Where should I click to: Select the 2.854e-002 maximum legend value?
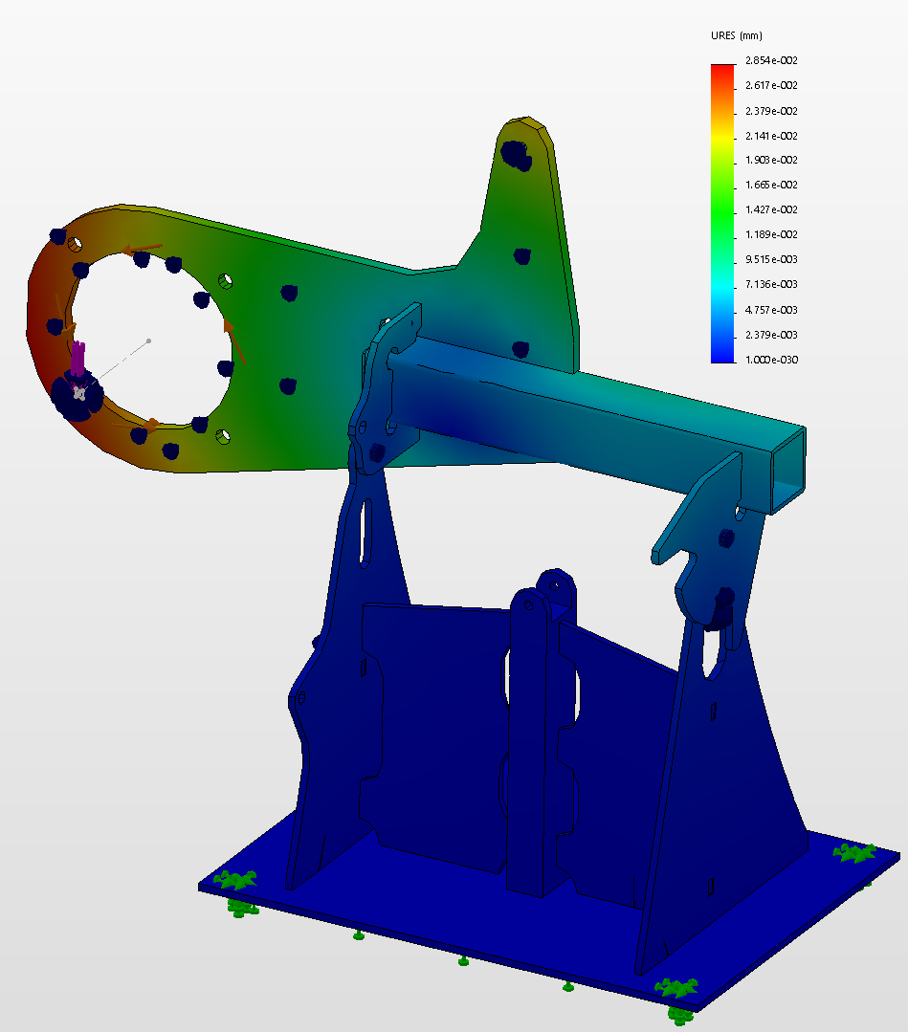coord(771,60)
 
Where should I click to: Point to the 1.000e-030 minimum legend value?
coord(771,360)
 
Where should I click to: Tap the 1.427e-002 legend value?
coord(771,209)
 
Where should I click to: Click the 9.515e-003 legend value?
coord(771,259)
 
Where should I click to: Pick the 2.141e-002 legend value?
coord(771,136)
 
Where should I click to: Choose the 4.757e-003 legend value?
coord(771,310)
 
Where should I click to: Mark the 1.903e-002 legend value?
coord(771,160)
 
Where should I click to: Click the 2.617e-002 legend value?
coord(771,85)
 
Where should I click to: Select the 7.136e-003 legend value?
coord(771,284)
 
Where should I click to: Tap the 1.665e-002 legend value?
coord(771,185)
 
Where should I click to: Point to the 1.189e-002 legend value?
coord(771,234)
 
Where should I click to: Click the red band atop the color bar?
coord(722,70)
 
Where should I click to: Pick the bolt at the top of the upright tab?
coord(517,152)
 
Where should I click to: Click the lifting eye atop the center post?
coord(556,585)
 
